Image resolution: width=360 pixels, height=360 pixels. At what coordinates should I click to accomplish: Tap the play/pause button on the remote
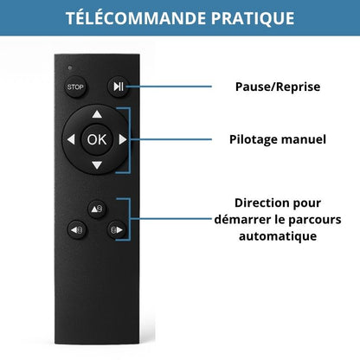tap(117, 87)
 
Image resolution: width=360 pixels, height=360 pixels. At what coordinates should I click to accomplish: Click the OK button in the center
tap(96, 138)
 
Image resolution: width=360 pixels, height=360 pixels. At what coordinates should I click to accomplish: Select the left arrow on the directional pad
tap(69, 138)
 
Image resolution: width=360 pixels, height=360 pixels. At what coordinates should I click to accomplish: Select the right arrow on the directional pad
tap(123, 138)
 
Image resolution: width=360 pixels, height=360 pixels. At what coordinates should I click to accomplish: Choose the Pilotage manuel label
tap(277, 138)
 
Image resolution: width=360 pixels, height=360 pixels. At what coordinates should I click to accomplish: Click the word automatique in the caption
tap(277, 235)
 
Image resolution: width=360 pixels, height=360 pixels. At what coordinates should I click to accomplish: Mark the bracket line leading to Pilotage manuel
tap(173, 138)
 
